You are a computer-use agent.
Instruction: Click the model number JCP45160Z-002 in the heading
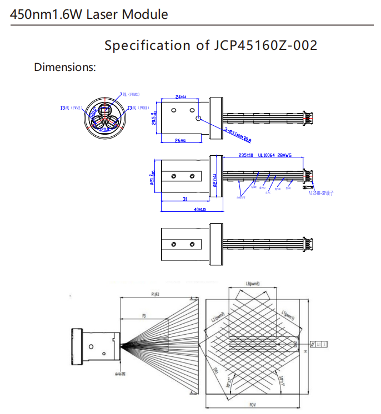click(265, 45)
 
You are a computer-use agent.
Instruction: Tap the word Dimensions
click(65, 67)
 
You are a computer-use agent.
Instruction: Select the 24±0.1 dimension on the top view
click(181, 97)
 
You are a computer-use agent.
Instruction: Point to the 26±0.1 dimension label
click(180, 141)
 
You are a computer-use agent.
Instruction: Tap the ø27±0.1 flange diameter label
click(214, 181)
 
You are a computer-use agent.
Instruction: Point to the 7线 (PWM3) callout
click(129, 95)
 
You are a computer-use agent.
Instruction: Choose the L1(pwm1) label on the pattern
click(289, 316)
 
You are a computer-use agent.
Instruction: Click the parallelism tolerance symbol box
click(320, 344)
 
